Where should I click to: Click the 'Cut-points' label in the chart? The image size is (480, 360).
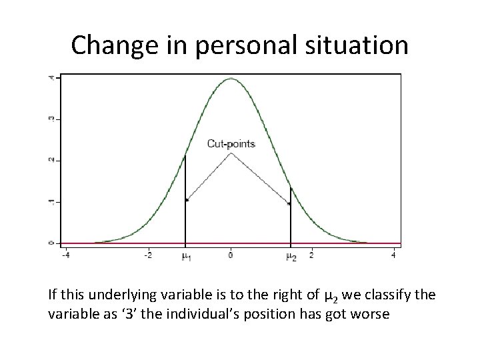(231, 143)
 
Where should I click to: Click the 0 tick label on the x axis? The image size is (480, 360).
(231, 255)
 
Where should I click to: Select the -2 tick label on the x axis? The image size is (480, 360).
(148, 255)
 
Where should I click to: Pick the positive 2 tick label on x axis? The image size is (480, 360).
(311, 255)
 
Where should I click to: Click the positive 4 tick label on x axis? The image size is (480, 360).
(393, 255)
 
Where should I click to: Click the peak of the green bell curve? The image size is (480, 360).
(231, 79)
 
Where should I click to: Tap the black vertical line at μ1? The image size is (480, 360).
(185, 200)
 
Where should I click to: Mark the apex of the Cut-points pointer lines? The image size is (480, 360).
(231, 153)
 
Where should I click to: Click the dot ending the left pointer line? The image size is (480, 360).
(187, 199)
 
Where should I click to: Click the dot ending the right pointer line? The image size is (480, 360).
(289, 204)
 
